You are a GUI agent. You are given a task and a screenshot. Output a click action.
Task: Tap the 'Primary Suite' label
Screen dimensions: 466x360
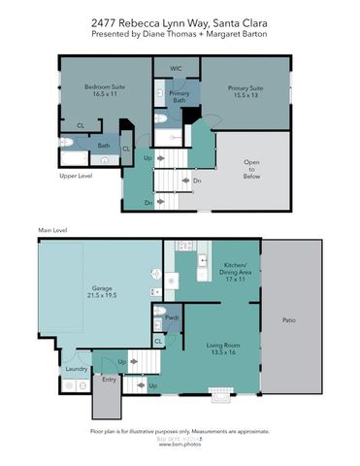pos(245,87)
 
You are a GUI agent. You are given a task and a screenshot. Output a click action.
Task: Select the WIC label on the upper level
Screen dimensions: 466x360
pos(176,69)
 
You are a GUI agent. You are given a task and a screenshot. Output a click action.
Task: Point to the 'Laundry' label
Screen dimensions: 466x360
pos(76,368)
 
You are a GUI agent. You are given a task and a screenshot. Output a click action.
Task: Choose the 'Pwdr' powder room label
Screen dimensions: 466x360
pos(173,316)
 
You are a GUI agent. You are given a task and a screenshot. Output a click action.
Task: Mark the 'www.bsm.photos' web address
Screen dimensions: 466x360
pos(180,446)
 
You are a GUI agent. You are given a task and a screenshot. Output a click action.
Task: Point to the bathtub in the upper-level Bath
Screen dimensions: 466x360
pos(68,142)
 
